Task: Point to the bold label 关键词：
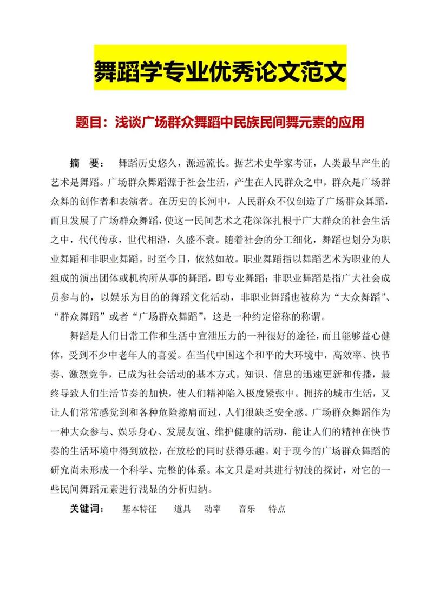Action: point(87,509)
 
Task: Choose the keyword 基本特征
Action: point(139,509)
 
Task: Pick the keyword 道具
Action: point(182,509)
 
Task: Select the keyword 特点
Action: point(277,509)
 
